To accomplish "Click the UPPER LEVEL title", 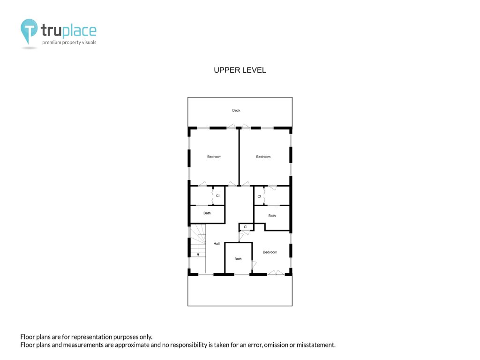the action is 240,70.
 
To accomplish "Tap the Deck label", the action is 236,110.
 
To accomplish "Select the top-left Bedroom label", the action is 214,157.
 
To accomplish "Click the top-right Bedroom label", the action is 263,157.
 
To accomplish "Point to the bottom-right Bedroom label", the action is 270,252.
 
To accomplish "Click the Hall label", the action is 217,244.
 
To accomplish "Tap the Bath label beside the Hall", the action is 238,259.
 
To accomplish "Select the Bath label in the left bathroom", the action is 207,213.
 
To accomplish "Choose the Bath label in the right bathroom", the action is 272,216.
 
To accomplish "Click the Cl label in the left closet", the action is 217,195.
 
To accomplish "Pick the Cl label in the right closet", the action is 259,196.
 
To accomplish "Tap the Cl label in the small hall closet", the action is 246,227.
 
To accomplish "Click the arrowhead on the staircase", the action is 198,255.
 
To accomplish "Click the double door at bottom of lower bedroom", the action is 276,272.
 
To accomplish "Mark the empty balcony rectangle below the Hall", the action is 240,291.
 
